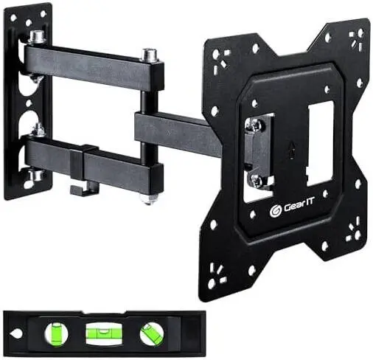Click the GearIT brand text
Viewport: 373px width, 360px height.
coord(299,207)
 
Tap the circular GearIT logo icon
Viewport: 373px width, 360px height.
coord(276,211)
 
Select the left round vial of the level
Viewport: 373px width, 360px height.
coord(57,333)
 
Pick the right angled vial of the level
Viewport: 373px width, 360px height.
coord(152,333)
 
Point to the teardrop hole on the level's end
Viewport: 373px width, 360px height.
coord(15,333)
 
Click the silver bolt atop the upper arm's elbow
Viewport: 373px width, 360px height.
coord(149,55)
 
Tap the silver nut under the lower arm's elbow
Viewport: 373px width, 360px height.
coord(148,199)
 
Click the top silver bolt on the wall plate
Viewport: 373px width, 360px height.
coord(38,37)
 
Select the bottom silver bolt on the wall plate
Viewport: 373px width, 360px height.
coord(37,175)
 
